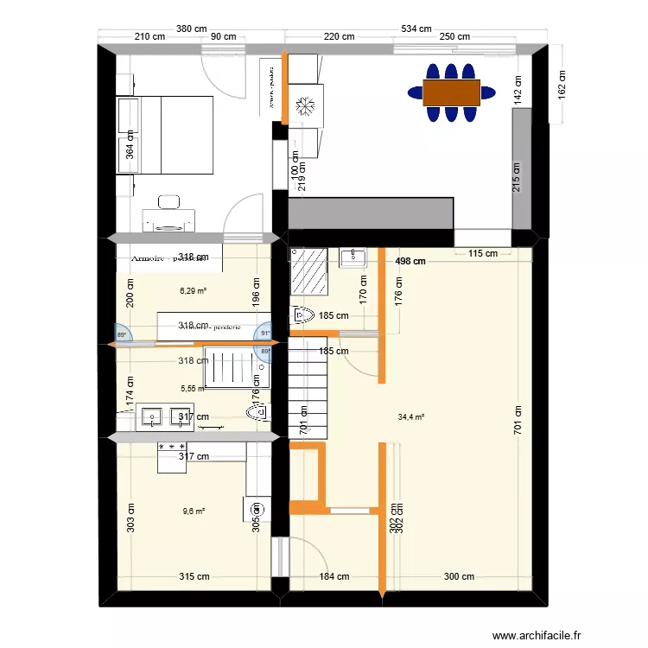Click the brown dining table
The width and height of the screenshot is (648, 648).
pos(451,91)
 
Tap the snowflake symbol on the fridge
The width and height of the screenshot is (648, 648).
pos(304,107)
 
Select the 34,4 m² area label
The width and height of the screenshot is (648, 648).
pos(410,417)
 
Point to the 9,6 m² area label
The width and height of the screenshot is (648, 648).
pos(194,511)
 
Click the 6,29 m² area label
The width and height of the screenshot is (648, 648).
pos(193,291)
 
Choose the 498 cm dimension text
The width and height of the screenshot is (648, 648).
pos(410,261)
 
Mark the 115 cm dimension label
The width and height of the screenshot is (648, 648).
pos(483,253)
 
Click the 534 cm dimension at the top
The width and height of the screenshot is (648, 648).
pos(415,29)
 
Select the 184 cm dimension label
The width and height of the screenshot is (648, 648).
pos(334,576)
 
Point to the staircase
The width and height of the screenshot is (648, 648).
pos(309,388)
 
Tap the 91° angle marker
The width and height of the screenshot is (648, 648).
pos(265,332)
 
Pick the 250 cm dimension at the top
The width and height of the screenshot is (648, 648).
pos(454,36)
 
